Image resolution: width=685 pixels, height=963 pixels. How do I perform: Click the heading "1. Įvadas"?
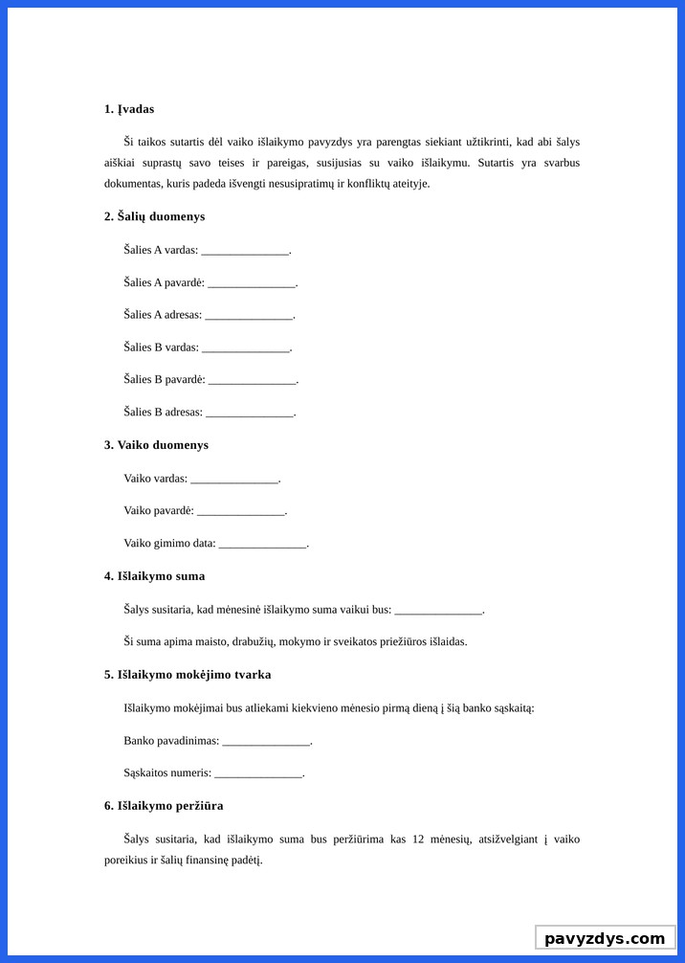[129, 109]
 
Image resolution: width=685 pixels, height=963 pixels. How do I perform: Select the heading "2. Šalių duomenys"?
[154, 216]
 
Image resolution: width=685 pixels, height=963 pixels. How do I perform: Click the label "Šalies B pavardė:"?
[164, 379]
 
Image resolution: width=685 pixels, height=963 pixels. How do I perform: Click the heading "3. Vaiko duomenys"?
[156, 445]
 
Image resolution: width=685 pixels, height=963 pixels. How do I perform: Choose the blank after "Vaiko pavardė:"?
[240, 512]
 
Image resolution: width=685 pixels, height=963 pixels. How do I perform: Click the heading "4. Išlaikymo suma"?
[154, 576]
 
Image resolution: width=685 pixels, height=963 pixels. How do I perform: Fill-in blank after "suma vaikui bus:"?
[438, 611]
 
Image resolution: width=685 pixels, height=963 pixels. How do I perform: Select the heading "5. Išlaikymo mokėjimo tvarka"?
[188, 675]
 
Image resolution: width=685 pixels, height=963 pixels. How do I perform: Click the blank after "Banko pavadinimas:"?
[266, 742]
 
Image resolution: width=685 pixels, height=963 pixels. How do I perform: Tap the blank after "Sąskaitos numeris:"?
[257, 774]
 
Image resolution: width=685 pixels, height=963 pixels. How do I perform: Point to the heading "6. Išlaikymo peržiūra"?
[164, 806]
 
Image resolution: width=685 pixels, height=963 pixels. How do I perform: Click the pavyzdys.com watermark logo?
[605, 938]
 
